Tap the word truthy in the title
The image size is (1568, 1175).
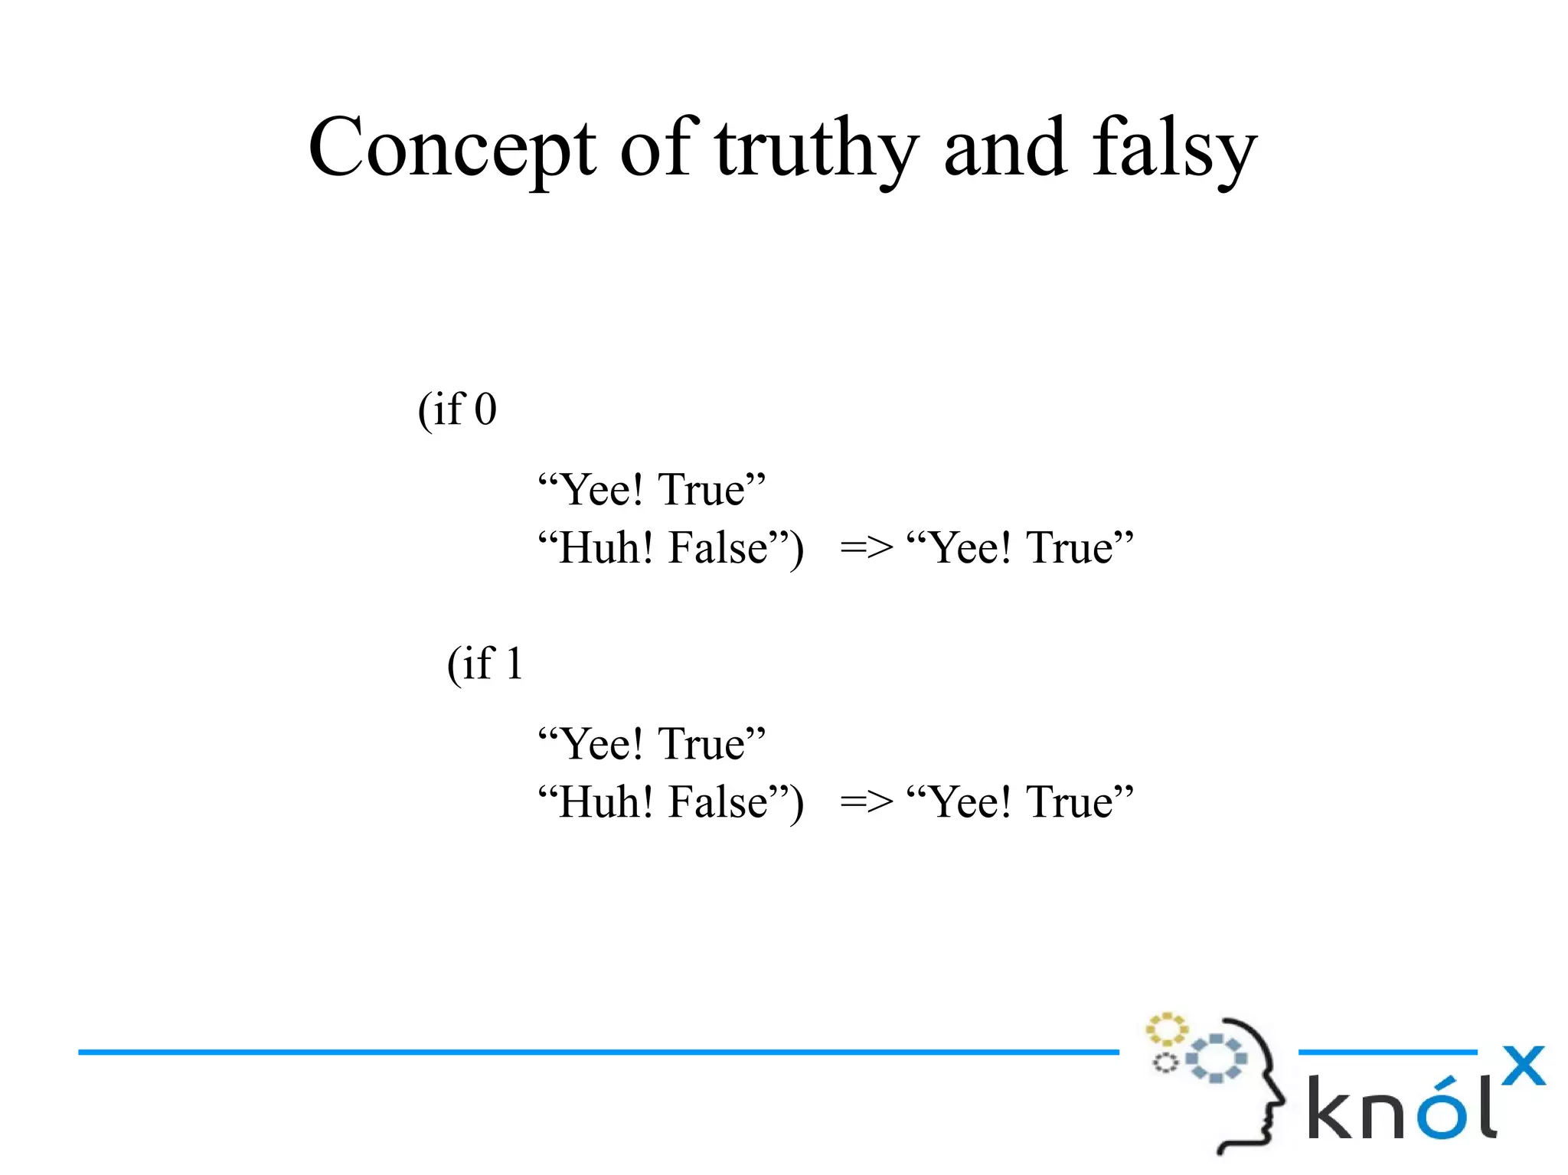click(x=816, y=149)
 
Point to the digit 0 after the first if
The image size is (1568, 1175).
click(x=485, y=410)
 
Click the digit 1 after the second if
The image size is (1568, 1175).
click(x=514, y=663)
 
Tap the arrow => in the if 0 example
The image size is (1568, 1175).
click(x=866, y=548)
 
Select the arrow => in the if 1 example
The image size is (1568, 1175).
click(x=866, y=802)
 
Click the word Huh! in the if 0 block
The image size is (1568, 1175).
click(x=606, y=548)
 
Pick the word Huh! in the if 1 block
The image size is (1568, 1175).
click(x=606, y=802)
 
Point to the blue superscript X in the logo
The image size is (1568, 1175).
click(x=1523, y=1066)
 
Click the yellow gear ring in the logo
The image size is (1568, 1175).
click(x=1166, y=1030)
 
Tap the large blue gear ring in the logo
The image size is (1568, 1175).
click(x=1216, y=1059)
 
